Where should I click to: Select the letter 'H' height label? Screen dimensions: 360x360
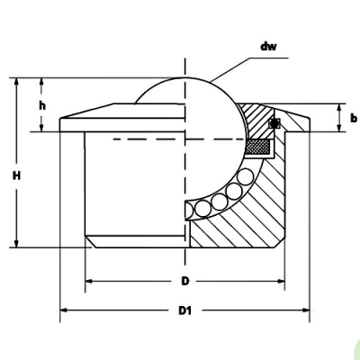coord(16,176)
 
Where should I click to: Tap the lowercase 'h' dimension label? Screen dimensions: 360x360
coord(42,105)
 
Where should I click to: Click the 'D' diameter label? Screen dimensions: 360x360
coord(184,281)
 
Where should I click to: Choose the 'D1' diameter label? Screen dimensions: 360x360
coord(184,310)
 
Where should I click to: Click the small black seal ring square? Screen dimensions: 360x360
coord(275,122)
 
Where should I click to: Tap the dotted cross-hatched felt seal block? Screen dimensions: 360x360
coord(259,143)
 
